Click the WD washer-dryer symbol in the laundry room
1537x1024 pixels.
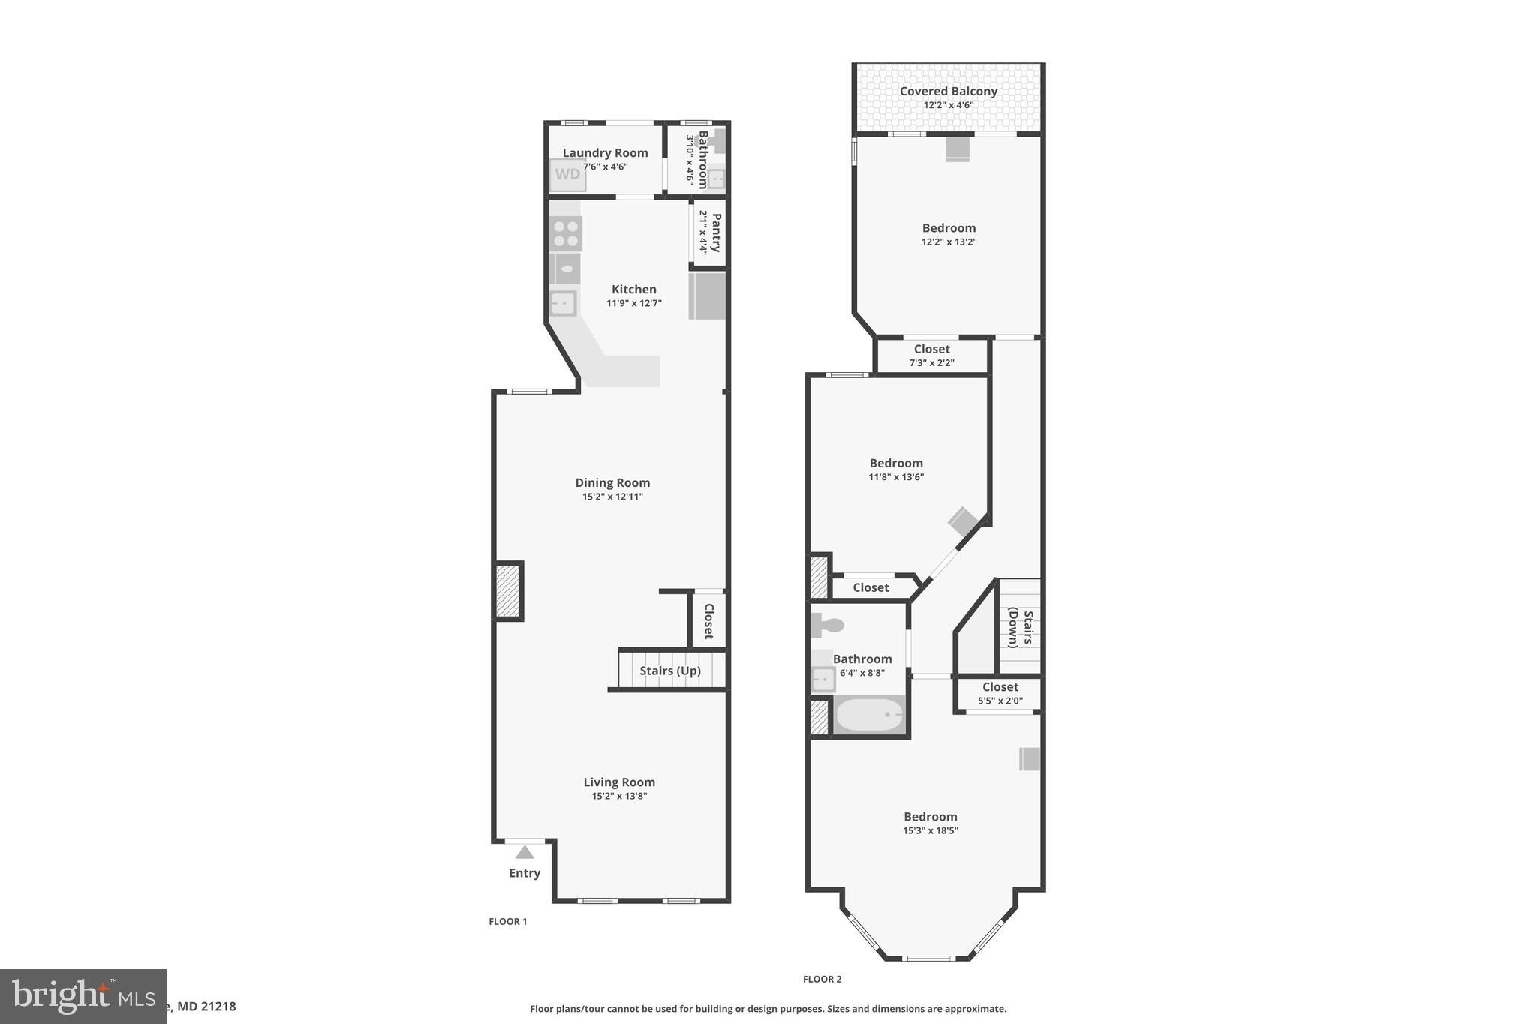(x=567, y=175)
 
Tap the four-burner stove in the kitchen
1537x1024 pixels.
(x=565, y=233)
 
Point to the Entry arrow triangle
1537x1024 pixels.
(x=525, y=852)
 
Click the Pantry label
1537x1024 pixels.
(x=716, y=233)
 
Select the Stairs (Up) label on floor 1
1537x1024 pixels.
(x=670, y=671)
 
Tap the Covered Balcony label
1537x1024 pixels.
(x=949, y=92)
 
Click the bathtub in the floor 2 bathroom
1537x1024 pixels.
(x=869, y=716)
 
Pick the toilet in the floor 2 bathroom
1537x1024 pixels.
(x=827, y=624)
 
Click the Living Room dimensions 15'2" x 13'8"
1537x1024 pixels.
(x=619, y=796)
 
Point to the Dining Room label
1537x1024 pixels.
(x=612, y=483)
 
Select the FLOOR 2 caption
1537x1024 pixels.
(x=823, y=979)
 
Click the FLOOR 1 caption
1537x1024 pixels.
(x=508, y=921)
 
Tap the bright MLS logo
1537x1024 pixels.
(x=83, y=995)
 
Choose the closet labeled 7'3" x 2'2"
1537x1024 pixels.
(x=932, y=356)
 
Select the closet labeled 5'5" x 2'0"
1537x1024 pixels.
(x=1000, y=694)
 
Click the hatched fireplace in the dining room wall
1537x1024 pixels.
(x=508, y=591)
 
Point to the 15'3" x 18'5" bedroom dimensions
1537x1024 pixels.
(x=931, y=830)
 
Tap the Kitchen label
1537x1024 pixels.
(x=634, y=290)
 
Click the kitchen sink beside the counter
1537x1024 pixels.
(x=563, y=303)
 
